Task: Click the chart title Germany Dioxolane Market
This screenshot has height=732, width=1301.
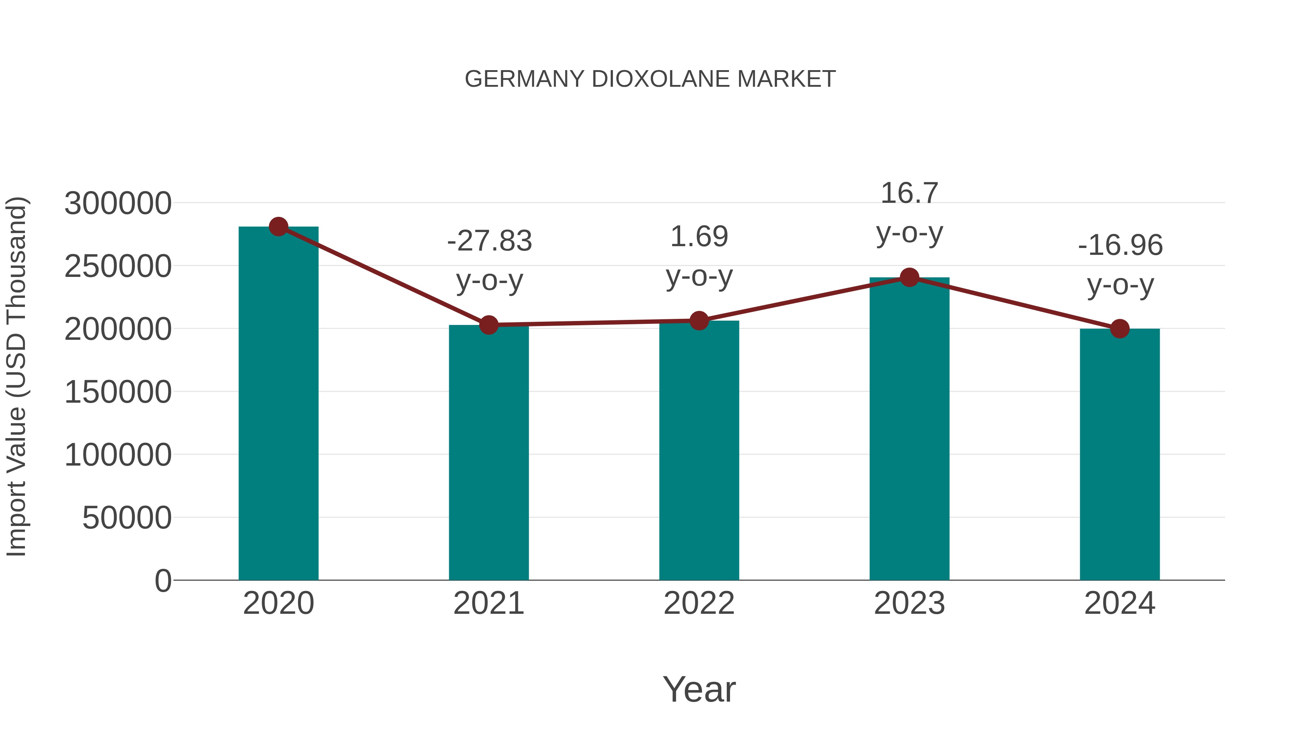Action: [x=650, y=79]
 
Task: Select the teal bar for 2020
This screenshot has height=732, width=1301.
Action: [x=278, y=404]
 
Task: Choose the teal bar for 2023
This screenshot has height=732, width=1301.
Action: [x=909, y=429]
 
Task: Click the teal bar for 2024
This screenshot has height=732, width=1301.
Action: [x=1120, y=455]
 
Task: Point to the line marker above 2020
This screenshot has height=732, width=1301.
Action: [x=278, y=227]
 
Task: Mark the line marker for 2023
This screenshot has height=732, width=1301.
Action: [x=909, y=277]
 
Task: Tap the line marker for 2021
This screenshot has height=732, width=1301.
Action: [x=488, y=325]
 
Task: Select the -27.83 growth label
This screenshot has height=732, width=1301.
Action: [x=489, y=241]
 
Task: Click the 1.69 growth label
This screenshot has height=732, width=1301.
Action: [x=699, y=237]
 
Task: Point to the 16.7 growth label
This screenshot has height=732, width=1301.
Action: [x=909, y=193]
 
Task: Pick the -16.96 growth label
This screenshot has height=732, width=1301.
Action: [x=1120, y=245]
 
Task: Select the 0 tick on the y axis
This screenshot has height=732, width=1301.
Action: [x=163, y=581]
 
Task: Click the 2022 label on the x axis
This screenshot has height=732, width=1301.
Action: [x=699, y=603]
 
